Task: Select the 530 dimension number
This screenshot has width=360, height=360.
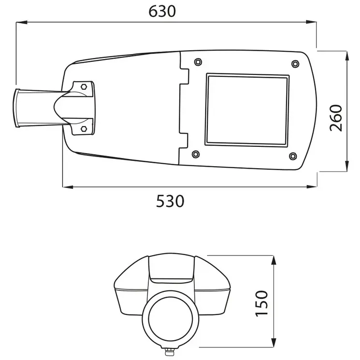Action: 170,201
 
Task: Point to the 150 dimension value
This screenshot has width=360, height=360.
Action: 260,303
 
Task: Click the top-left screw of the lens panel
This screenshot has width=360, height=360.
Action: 197,62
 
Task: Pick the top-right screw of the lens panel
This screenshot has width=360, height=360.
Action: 295,64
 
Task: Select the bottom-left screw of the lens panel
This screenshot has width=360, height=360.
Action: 195,154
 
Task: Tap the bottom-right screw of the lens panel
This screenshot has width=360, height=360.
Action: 292,155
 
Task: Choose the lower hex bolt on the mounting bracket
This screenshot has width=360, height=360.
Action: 83,129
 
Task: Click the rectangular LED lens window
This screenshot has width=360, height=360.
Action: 246,110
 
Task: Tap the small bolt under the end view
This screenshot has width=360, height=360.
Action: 170,351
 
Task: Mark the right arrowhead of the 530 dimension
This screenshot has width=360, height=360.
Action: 313,187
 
